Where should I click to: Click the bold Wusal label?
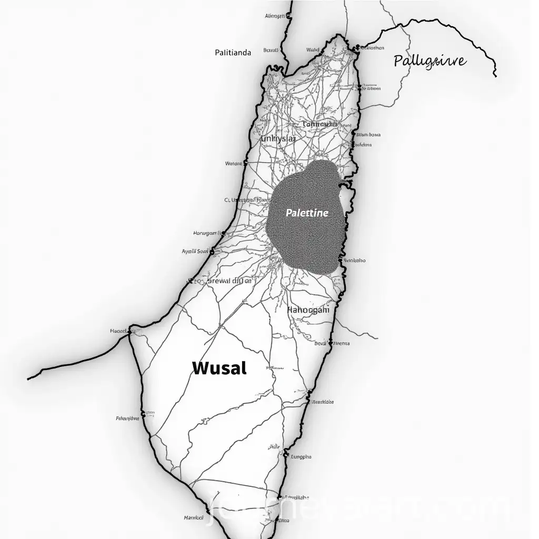coord(219,368)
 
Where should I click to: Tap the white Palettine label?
coord(307,213)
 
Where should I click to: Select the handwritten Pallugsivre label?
coord(429,61)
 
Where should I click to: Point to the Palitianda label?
coord(233,52)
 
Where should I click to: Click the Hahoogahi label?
coord(308,310)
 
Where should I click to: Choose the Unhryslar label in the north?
coord(278,139)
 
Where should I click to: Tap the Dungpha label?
coord(301,457)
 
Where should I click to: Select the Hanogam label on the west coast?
coord(204,233)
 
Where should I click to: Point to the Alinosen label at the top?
coord(275,16)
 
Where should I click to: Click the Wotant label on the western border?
coord(233,163)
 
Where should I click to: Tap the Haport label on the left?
coord(118,331)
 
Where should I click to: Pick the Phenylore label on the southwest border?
coord(127,418)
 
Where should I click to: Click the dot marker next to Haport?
coord(129,332)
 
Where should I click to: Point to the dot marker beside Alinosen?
coord(288,17)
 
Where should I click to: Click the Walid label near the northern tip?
coord(313,49)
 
